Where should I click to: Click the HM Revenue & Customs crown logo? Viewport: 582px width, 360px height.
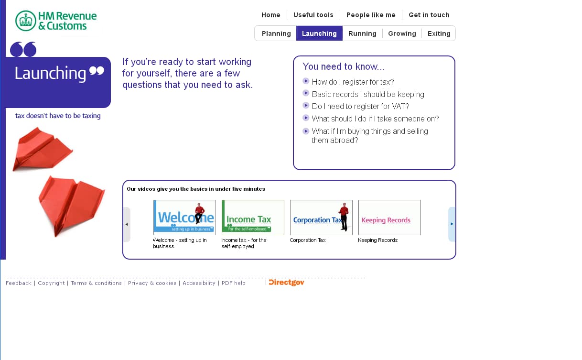click(26, 21)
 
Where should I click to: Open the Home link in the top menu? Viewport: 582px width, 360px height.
click(271, 15)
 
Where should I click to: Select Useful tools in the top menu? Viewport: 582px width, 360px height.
click(313, 15)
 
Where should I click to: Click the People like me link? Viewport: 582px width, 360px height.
click(371, 15)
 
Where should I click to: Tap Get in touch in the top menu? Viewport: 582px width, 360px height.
click(429, 15)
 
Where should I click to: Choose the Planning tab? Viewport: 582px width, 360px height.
click(276, 33)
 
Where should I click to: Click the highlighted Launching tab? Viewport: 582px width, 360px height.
click(319, 33)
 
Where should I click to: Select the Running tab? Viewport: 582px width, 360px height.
click(362, 33)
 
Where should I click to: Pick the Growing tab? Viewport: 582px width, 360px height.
click(402, 33)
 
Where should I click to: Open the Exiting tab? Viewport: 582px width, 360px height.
click(439, 33)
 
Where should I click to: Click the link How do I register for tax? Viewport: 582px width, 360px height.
click(353, 82)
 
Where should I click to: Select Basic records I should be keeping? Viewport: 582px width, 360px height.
click(368, 95)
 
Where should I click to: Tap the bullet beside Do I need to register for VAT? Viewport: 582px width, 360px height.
click(306, 106)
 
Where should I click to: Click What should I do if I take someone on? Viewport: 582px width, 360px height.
click(375, 119)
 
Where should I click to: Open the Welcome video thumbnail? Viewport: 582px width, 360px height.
click(184, 218)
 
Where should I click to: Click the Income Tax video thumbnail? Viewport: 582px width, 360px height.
click(253, 218)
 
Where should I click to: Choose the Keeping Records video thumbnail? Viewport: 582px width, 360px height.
click(389, 218)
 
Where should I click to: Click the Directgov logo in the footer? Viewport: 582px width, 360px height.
click(286, 283)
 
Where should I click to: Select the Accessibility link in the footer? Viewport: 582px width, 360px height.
click(199, 283)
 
